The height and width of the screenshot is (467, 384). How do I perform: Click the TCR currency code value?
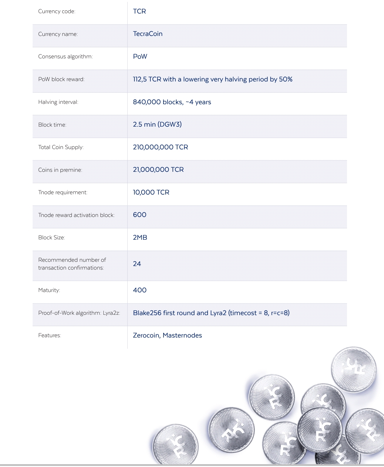(x=139, y=11)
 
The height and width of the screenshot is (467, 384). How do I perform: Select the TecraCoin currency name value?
(x=148, y=34)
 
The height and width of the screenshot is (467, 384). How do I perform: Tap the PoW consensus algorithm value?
(x=140, y=57)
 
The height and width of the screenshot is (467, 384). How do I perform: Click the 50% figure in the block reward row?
(x=286, y=79)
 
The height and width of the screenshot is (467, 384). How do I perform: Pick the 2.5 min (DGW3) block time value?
(x=157, y=124)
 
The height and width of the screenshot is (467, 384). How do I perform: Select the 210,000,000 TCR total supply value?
(x=160, y=147)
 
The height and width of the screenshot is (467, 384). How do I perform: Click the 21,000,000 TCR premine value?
(x=158, y=170)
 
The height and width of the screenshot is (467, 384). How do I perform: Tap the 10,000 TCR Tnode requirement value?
(x=151, y=192)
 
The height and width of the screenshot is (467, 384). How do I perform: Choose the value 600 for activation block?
(x=139, y=215)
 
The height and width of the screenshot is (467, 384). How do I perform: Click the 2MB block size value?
(x=140, y=238)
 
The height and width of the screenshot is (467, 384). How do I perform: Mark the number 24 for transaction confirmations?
(x=137, y=264)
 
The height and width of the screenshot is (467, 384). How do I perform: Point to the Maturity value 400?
(x=139, y=290)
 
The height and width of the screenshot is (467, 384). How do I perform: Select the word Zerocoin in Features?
(x=146, y=335)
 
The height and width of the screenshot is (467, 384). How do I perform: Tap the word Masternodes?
(x=182, y=335)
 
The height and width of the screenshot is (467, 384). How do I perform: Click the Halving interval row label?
(x=58, y=102)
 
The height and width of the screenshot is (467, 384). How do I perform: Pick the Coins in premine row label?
(x=60, y=170)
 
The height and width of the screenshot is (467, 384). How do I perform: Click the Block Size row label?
(x=52, y=238)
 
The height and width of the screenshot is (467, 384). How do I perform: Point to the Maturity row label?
(x=49, y=290)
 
